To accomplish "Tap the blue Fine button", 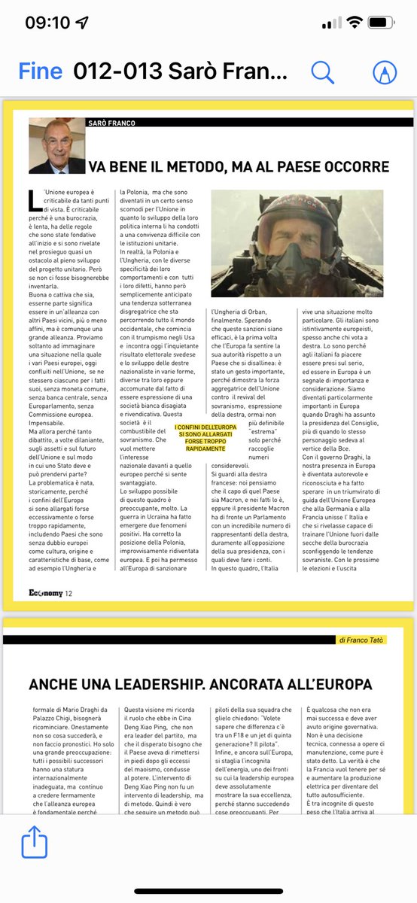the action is click(41, 72).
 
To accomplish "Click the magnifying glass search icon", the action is click(322, 72).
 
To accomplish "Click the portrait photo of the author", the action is click(57, 146).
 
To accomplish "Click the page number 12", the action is click(68, 594).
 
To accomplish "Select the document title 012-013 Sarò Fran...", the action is click(181, 72).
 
